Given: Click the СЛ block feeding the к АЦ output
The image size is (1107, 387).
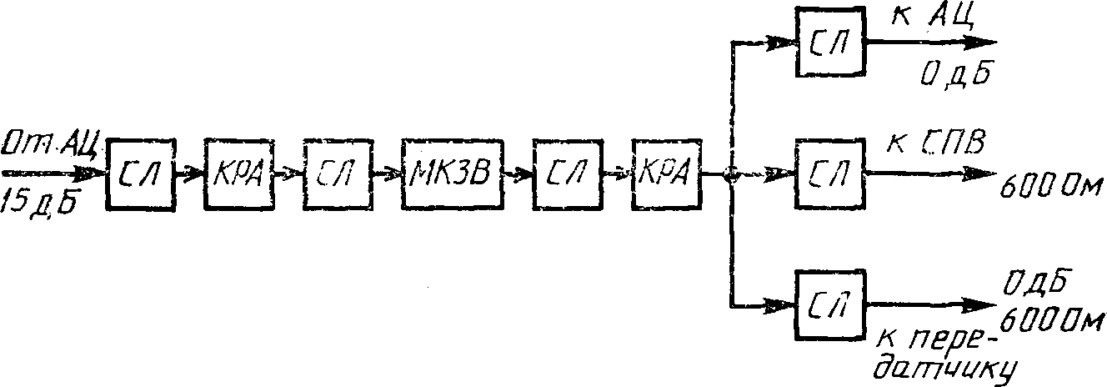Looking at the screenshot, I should coord(830,43).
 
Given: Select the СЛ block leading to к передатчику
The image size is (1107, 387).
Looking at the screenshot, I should coord(830,304).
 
